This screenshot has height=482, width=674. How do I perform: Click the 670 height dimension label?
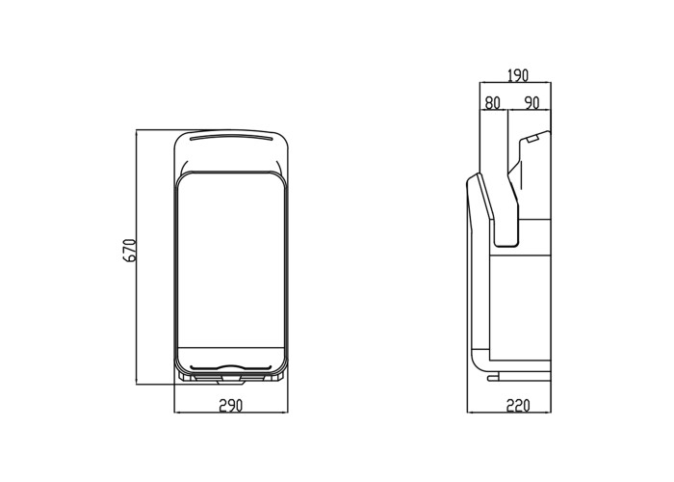pyautogui.click(x=129, y=250)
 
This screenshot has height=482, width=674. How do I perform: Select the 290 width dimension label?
pyautogui.click(x=231, y=406)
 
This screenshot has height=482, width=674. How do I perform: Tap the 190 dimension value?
pyautogui.click(x=518, y=76)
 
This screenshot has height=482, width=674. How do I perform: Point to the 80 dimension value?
pyautogui.click(x=493, y=103)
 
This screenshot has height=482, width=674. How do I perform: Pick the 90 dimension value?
pyautogui.click(x=531, y=103)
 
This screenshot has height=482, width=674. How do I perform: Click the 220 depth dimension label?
pyautogui.click(x=518, y=406)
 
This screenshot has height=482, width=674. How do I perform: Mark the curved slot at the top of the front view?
pyautogui.click(x=231, y=138)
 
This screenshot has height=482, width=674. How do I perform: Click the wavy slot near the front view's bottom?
pyautogui.click(x=231, y=368)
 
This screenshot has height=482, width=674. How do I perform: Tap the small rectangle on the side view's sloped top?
pyautogui.click(x=533, y=139)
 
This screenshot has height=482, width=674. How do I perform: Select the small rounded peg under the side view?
pyautogui.click(x=492, y=378)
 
